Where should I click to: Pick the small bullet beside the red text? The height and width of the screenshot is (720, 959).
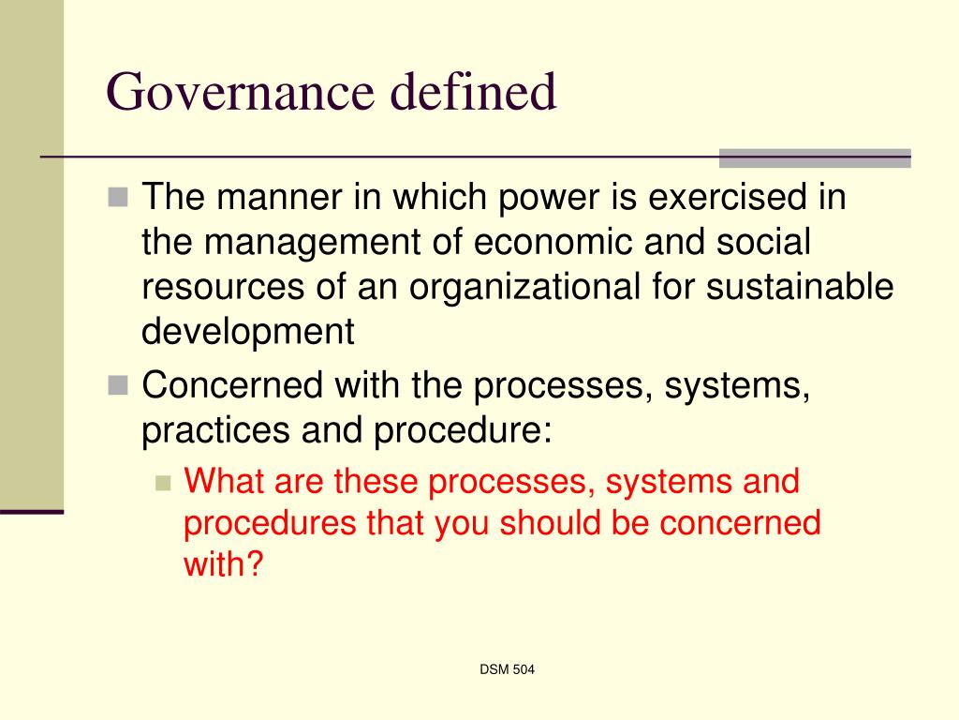(164, 484)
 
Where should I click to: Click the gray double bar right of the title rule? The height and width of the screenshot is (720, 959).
(814, 157)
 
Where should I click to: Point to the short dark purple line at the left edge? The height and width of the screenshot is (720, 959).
(32, 511)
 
